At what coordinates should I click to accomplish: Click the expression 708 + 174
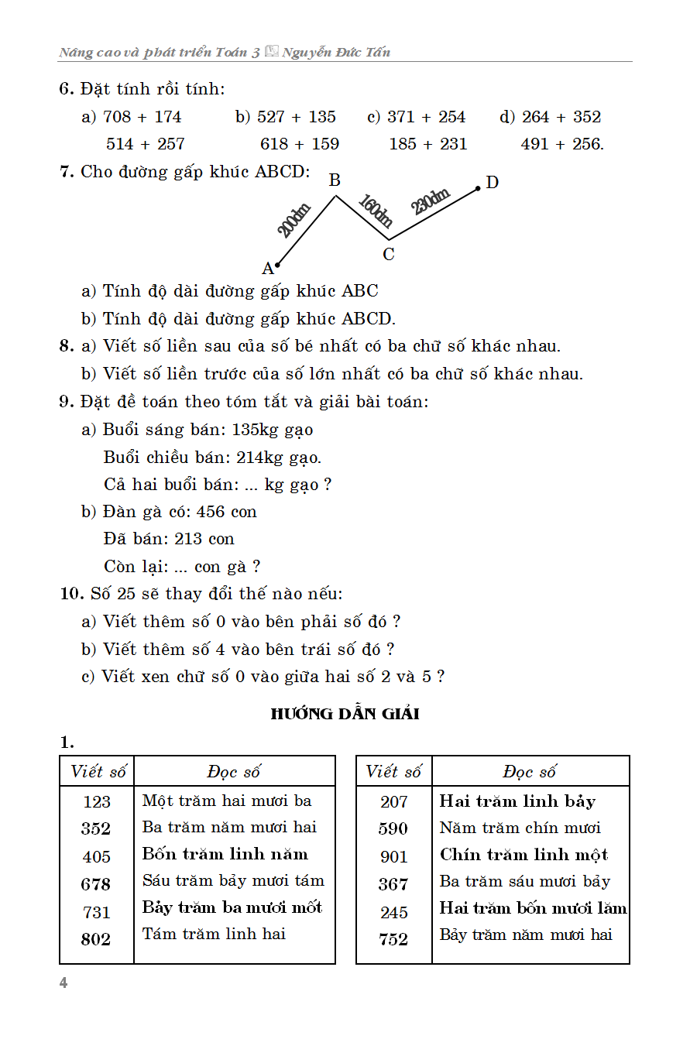[x=142, y=117]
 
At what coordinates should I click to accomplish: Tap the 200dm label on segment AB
[x=294, y=220]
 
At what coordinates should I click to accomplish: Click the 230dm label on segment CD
[x=431, y=201]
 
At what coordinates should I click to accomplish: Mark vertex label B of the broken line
[x=335, y=180]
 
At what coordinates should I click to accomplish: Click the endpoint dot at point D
[x=479, y=187]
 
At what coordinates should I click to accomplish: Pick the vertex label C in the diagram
[x=389, y=254]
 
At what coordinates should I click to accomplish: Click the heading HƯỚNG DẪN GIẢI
[x=345, y=714]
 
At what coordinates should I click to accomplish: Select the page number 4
[x=64, y=983]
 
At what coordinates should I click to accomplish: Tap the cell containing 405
[x=97, y=856]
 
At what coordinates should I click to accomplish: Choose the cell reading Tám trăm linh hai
[x=214, y=934]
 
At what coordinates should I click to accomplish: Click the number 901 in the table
[x=393, y=856]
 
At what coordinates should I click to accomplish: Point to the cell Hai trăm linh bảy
[x=517, y=801]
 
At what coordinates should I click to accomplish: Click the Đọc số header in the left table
[x=234, y=772]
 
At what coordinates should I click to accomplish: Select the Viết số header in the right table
[x=393, y=772]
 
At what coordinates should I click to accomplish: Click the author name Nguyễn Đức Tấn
[x=336, y=53]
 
